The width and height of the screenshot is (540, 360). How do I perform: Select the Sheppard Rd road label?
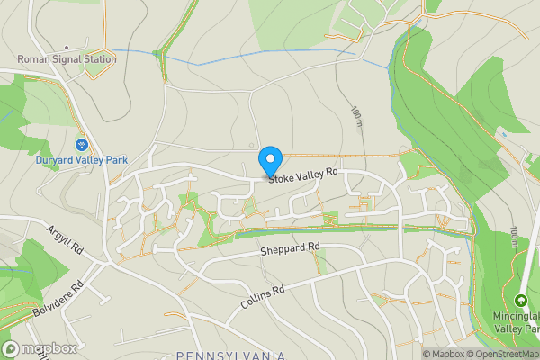pos(290,247)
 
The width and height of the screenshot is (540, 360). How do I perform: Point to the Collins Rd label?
pos(263,299)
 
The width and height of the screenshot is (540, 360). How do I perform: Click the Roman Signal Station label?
pos(67,59)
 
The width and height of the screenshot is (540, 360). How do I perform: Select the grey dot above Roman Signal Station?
pos(67,46)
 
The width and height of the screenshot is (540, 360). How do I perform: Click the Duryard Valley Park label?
pos(81,160)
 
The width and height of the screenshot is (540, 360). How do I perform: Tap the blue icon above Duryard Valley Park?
pos(81,145)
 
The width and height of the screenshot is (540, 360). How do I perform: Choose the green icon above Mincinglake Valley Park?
pos(520,300)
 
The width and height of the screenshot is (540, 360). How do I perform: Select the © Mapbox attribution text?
pos(442,354)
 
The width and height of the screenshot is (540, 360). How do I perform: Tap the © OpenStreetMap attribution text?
pos(505,354)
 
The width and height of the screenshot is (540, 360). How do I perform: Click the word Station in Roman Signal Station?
pos(98,59)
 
